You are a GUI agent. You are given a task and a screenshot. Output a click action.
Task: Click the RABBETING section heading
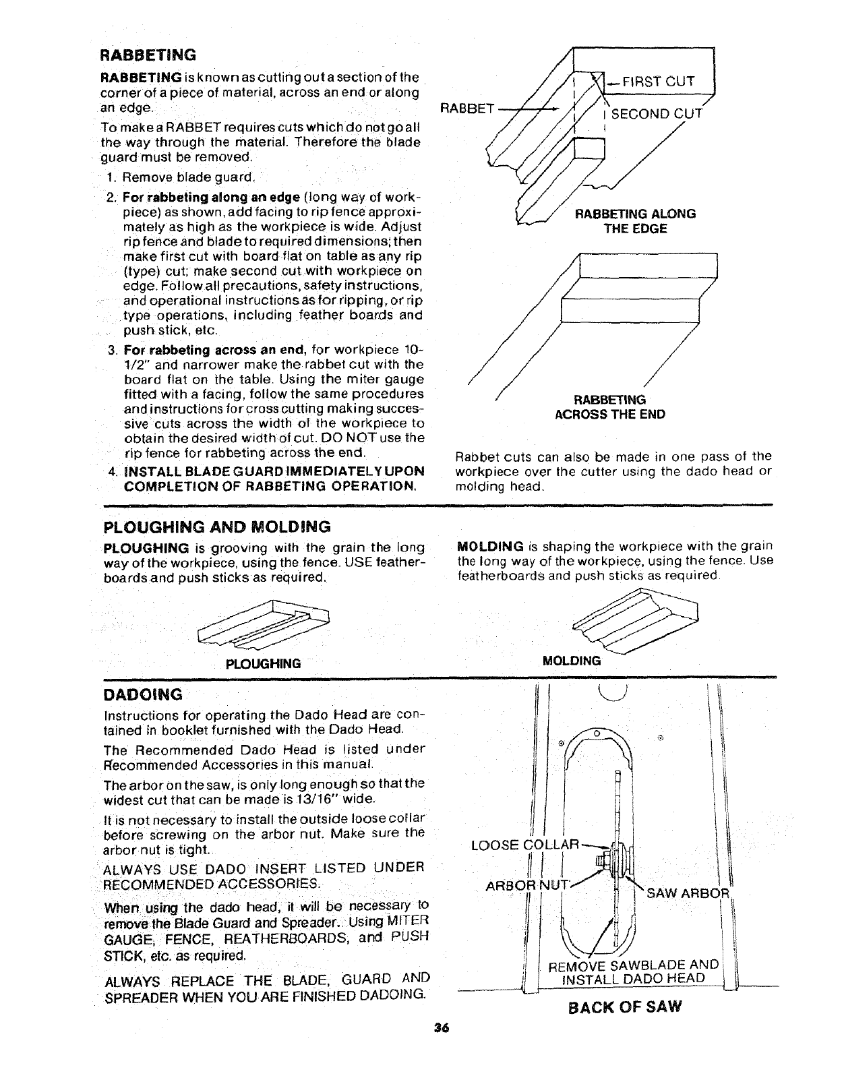148,54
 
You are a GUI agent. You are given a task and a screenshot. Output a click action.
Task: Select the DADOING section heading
142,694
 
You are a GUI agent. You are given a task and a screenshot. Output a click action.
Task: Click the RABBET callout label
466,108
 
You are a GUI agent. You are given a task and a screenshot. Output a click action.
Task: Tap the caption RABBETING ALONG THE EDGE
634,221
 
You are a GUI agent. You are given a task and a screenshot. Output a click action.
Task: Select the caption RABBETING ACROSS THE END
609,407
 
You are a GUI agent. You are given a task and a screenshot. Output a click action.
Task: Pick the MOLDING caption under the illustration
571,661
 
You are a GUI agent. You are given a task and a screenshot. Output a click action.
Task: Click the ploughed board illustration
263,626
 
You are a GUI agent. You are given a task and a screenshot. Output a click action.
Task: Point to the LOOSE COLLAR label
525,845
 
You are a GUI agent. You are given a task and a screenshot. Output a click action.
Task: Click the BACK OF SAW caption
625,1007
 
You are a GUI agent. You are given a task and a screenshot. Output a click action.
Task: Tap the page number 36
442,1048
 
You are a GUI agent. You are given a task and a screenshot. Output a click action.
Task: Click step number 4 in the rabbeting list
111,471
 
